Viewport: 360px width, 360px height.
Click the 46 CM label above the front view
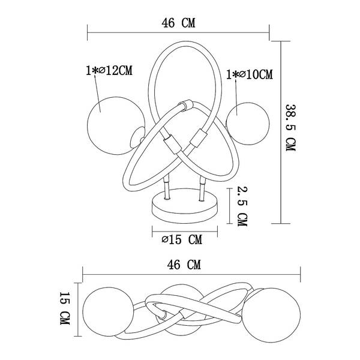178,23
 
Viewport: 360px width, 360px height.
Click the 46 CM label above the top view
184,265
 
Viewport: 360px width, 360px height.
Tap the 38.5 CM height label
290,128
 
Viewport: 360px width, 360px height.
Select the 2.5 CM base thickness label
242,206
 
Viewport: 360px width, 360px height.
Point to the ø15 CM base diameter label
182,239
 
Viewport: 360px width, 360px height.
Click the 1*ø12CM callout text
109,70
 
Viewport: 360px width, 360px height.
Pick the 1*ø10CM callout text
250,74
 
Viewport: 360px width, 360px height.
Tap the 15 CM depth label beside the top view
65,308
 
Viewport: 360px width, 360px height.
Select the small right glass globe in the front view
248,124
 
